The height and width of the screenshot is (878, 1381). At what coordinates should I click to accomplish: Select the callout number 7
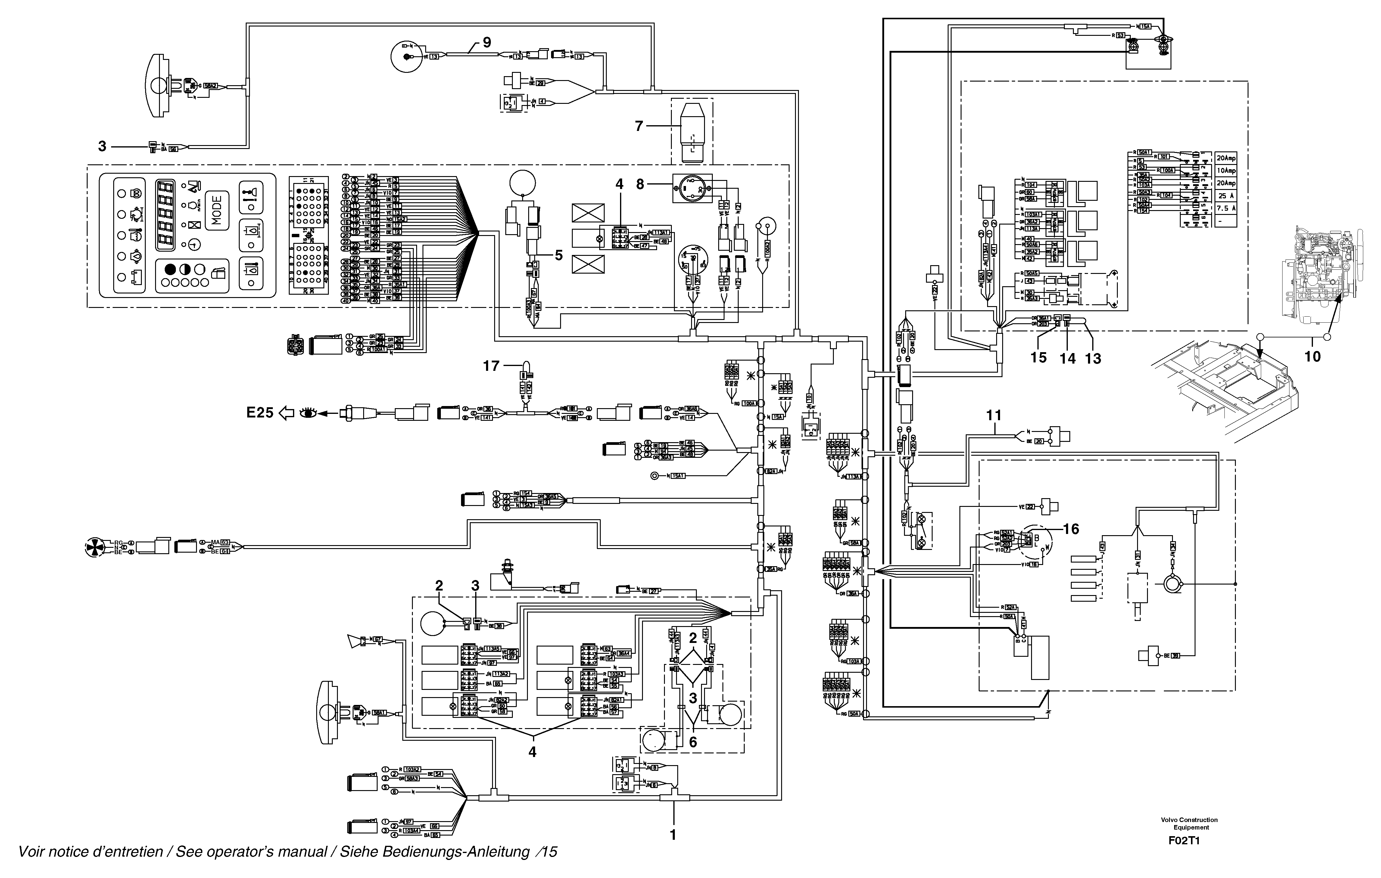[x=639, y=126]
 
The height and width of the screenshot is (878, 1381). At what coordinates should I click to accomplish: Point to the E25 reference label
[x=260, y=413]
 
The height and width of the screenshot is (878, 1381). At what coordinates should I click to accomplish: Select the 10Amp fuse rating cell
[x=1226, y=171]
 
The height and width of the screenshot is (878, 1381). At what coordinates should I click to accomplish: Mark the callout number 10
[x=1313, y=356]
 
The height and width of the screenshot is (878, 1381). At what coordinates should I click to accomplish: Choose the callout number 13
[x=1093, y=359]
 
